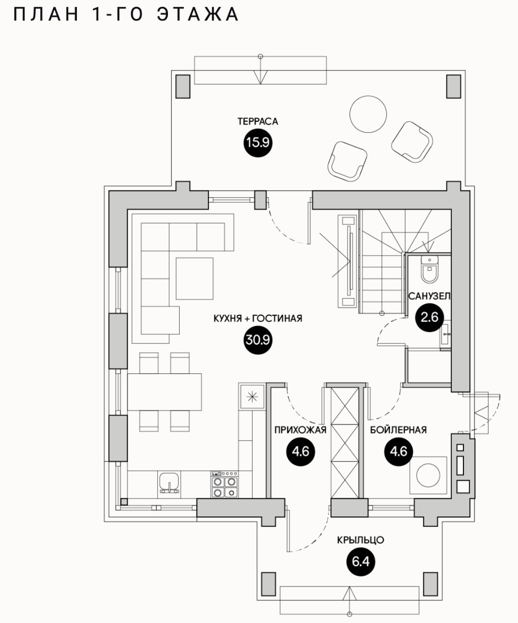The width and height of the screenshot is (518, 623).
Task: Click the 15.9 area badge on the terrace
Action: pyautogui.click(x=258, y=143)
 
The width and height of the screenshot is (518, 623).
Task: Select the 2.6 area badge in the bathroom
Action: pyautogui.click(x=429, y=317)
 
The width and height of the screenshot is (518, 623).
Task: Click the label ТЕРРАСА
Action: pyautogui.click(x=258, y=122)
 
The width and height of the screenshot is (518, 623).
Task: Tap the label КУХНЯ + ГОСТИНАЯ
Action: pyautogui.click(x=258, y=319)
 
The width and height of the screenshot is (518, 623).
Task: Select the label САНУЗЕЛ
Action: pyautogui.click(x=429, y=296)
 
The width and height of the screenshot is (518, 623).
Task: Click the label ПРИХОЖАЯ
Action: pyautogui.click(x=300, y=430)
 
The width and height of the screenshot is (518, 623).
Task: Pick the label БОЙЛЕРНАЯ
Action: pyautogui.click(x=398, y=430)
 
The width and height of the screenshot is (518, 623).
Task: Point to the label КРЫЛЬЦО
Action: pyautogui.click(x=361, y=540)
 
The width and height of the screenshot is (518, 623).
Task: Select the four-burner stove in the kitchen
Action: pyautogui.click(x=224, y=485)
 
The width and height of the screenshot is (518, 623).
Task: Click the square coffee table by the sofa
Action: pyautogui.click(x=195, y=278)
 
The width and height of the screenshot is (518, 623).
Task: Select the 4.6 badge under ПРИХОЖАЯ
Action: pyautogui.click(x=300, y=451)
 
